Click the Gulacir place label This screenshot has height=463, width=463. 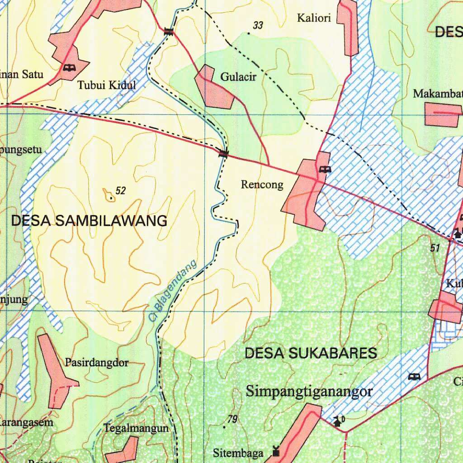coord(238,77)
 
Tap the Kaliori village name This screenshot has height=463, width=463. coord(314,18)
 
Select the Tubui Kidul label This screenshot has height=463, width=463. coord(106,85)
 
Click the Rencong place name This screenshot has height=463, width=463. coord(262,184)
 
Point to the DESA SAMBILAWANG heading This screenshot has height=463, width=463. coord(89,221)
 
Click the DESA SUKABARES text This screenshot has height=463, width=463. coord(311,353)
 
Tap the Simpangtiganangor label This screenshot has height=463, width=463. coord(309,391)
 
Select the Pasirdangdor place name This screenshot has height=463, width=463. coord(97,363)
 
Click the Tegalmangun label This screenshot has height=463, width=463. coord(136,428)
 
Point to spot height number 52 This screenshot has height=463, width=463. coord(120,191)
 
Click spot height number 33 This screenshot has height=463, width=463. coord(258,26)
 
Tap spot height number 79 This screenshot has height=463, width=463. coord(232,420)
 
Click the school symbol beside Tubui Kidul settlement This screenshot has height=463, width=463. coord(69,68)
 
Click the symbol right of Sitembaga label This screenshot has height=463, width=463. coord(276,451)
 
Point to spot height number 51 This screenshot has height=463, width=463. coord(435,248)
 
